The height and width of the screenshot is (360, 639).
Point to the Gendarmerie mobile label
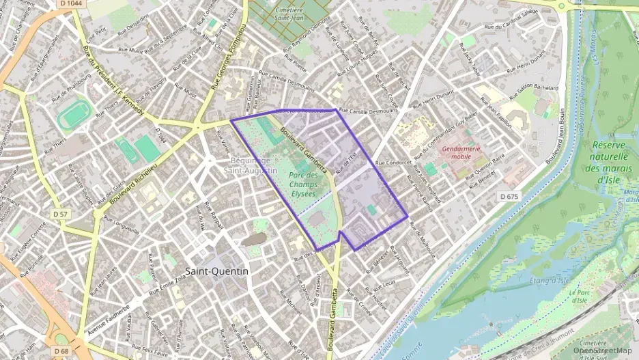(x=461, y=152)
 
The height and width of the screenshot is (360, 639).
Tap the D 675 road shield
(x=509, y=196)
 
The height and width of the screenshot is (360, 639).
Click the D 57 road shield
(x=61, y=214)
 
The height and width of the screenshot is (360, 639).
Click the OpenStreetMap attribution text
(x=603, y=350)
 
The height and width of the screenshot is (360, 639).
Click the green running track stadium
(x=74, y=115)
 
